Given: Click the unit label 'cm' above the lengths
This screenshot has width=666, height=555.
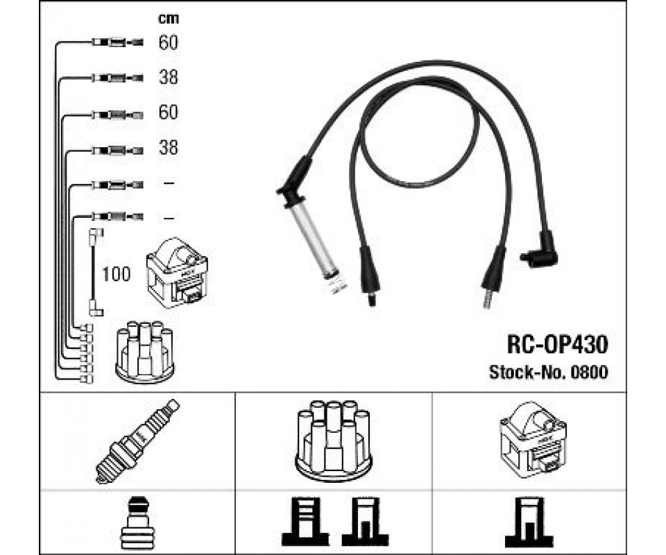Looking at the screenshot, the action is [168, 19].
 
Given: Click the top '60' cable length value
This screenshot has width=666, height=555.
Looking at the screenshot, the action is [168, 42].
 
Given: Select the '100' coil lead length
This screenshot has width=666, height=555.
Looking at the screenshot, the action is [116, 274].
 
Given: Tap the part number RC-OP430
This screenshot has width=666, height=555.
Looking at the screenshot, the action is [557, 344].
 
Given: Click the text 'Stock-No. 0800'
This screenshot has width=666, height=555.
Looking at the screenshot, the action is [548, 372].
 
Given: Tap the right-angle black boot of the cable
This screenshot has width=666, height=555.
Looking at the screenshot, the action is [540, 250].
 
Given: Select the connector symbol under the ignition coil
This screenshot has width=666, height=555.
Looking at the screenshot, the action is [529, 522].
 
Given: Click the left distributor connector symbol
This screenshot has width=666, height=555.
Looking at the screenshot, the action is [305, 522].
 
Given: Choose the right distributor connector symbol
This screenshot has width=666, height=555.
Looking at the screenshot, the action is [365, 522].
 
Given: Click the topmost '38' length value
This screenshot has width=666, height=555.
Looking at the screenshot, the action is [168, 77].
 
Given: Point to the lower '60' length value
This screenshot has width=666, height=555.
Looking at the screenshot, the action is [168, 112].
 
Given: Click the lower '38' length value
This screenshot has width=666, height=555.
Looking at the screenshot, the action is [168, 148].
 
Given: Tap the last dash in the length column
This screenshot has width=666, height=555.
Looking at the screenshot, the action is [169, 219].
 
